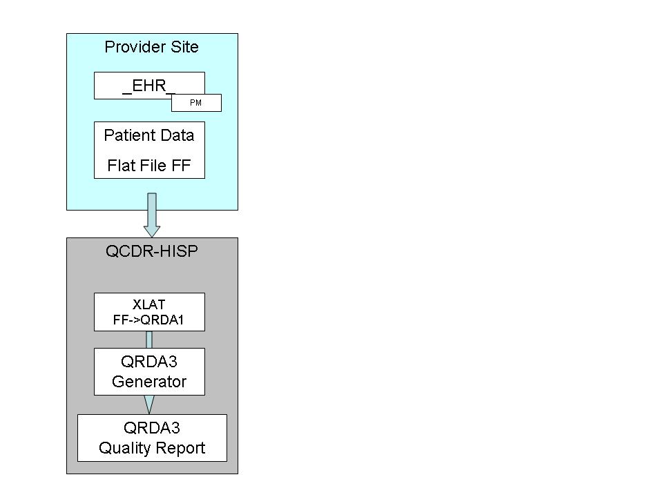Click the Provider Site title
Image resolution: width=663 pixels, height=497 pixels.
tap(151, 47)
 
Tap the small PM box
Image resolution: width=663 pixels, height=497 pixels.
tap(196, 103)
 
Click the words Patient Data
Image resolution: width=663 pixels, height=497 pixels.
tap(149, 135)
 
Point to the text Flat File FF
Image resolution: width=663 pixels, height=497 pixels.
tap(149, 166)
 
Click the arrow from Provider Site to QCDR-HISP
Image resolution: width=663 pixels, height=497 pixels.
tap(151, 215)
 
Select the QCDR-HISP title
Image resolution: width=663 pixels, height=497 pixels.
tap(151, 251)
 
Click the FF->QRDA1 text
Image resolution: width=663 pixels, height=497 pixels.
tap(149, 320)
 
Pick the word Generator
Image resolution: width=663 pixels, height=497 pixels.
tap(149, 382)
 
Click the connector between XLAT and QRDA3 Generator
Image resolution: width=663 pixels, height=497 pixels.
tap(149, 340)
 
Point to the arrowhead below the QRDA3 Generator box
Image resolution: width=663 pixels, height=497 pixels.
tap(149, 404)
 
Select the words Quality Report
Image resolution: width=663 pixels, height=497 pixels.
tap(152, 448)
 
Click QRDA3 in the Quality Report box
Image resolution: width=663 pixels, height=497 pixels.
tap(152, 427)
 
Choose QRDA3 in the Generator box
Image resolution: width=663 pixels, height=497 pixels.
tap(149, 362)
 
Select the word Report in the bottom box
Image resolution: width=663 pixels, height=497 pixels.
tap(182, 448)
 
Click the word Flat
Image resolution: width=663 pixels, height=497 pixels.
tap(122, 166)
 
